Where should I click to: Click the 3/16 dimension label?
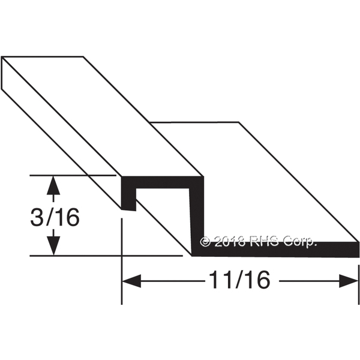55,217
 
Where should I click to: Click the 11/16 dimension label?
239,280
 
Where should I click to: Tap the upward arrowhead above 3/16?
53,185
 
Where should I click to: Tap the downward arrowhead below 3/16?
53,245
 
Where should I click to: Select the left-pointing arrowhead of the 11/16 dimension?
131,281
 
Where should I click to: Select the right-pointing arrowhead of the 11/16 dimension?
349,281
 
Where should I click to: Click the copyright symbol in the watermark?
205,242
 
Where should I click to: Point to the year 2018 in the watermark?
230,242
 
